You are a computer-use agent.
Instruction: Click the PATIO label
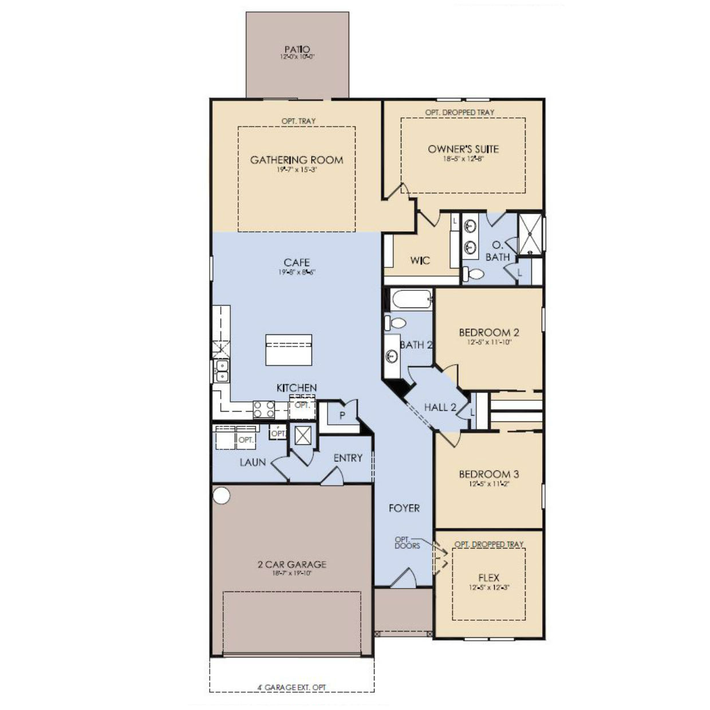pos(297,50)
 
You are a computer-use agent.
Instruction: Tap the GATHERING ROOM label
pos(297,160)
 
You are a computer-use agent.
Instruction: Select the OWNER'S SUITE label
pos(463,149)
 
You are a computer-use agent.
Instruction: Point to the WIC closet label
pos(420,261)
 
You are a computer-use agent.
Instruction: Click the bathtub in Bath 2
pos(411,299)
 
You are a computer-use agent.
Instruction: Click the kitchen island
pos(289,350)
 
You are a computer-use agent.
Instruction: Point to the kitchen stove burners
pos(264,409)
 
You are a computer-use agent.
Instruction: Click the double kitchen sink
pos(221,371)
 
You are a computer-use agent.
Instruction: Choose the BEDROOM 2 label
pos(489,332)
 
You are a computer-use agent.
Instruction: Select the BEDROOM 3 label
pos(489,474)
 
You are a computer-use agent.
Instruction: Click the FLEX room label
pos(488,578)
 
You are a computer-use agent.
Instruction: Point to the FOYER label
pos(404,508)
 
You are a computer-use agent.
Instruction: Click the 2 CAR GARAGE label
pos(292,564)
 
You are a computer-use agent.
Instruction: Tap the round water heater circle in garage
pos(221,495)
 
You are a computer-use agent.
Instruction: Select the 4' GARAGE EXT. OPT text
pos(292,687)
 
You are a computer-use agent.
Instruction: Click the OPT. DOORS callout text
pos(407,542)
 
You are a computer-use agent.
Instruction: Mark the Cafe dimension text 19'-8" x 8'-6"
pos(297,273)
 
